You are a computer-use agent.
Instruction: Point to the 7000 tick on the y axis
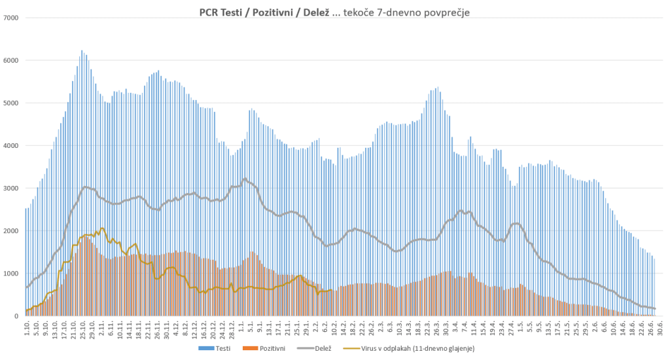[x=10, y=18]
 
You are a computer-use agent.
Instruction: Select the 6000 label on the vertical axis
[x=10, y=60]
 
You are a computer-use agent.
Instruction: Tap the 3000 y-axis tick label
[x=10, y=189]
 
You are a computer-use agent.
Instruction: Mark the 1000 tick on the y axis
[x=10, y=274]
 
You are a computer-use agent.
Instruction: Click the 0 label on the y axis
[x=16, y=316]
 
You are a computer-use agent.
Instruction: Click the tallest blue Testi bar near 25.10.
[x=82, y=51]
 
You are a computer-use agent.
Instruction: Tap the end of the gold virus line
[x=332, y=291]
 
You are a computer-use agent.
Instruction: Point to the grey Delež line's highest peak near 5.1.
[x=245, y=179]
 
